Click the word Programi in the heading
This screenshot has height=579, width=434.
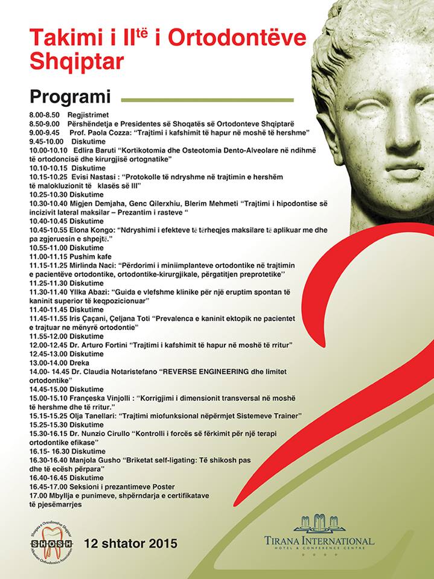click(x=70, y=97)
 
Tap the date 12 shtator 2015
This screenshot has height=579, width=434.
click(x=131, y=543)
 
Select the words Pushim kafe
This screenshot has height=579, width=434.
click(x=92, y=256)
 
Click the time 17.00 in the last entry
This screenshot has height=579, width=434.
click(x=39, y=495)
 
